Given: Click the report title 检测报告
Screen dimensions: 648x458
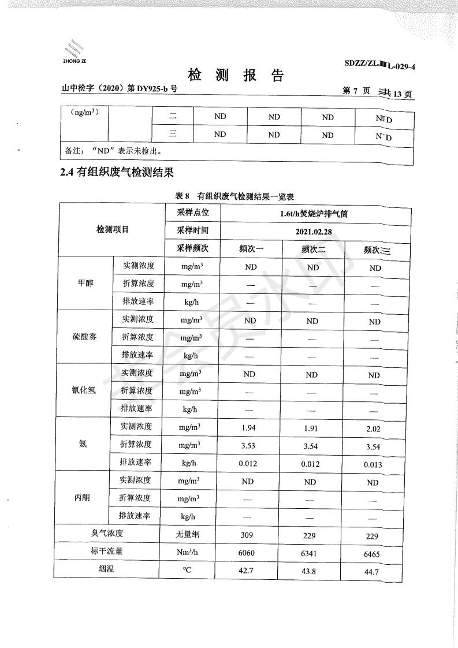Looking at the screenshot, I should pos(236,75).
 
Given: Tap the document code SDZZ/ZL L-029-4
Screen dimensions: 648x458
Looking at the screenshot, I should pos(379,66).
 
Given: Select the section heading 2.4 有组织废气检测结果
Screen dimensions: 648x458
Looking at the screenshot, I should pos(117,172).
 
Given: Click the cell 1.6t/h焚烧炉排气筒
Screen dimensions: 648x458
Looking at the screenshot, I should pos(313,213).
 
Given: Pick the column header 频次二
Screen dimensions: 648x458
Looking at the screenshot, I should pos(313,249).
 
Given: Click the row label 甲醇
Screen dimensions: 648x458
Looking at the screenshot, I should pos(85,284).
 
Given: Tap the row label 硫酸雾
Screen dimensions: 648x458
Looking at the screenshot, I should pos(85,337).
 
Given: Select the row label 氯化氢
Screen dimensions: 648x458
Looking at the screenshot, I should pos(85,390).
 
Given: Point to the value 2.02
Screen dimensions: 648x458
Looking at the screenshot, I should pos(374,429).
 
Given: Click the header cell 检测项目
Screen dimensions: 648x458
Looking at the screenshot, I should pos(112,230).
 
